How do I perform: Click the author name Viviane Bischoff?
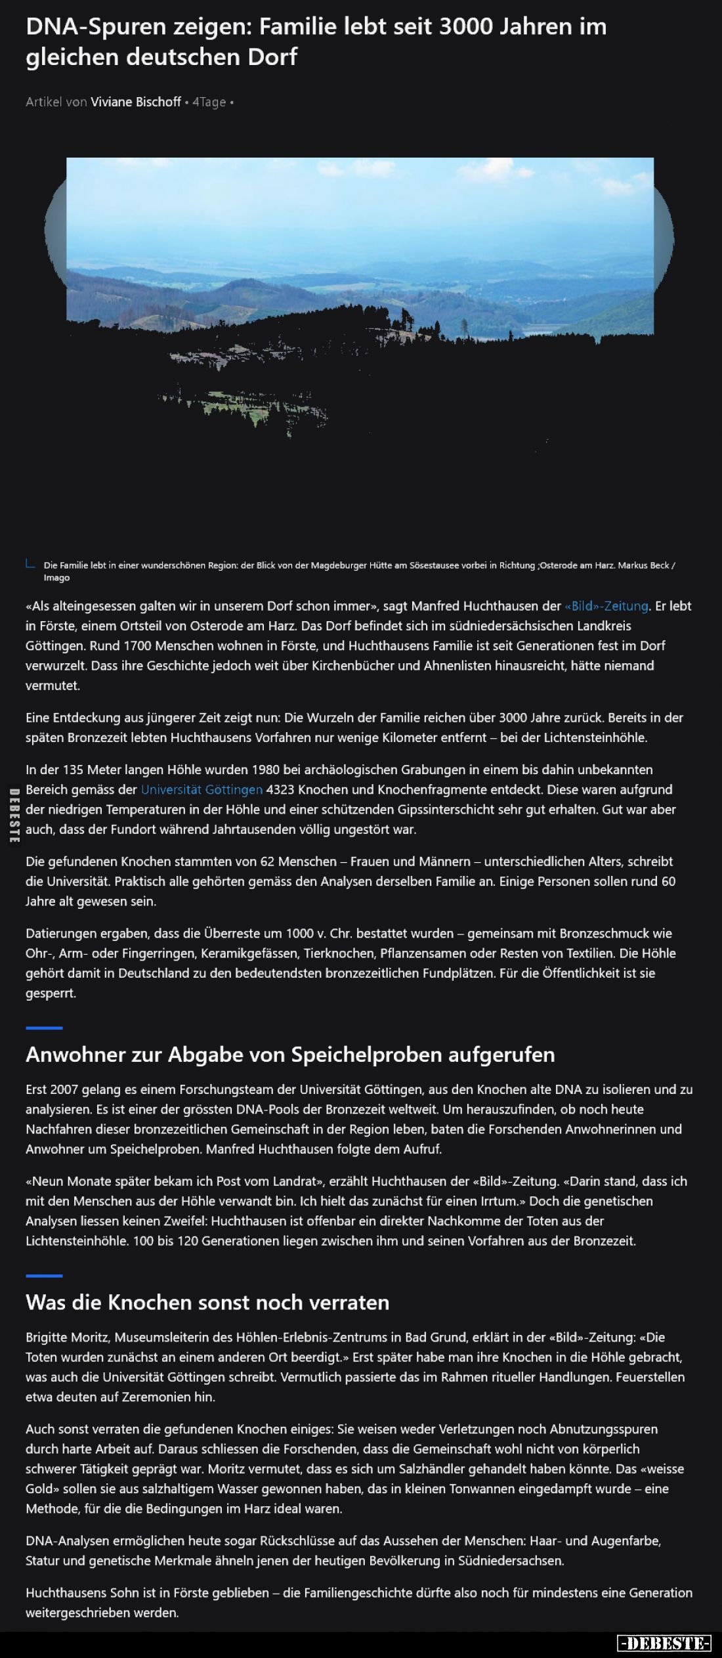click(x=136, y=102)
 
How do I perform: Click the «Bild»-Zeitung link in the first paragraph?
click(x=606, y=606)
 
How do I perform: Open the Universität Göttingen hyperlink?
click(x=202, y=789)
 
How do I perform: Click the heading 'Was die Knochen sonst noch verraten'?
click(x=207, y=1302)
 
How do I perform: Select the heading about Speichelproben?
click(x=290, y=1055)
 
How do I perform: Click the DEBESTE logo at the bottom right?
click(x=664, y=1644)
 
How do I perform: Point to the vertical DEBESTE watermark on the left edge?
click(x=13, y=816)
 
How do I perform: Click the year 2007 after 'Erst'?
click(x=68, y=1089)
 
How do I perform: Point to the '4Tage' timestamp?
click(x=209, y=102)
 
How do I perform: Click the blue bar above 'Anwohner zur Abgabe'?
click(x=44, y=1028)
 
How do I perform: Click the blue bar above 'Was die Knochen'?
click(x=44, y=1275)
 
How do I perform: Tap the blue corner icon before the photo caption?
click(x=30, y=563)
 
